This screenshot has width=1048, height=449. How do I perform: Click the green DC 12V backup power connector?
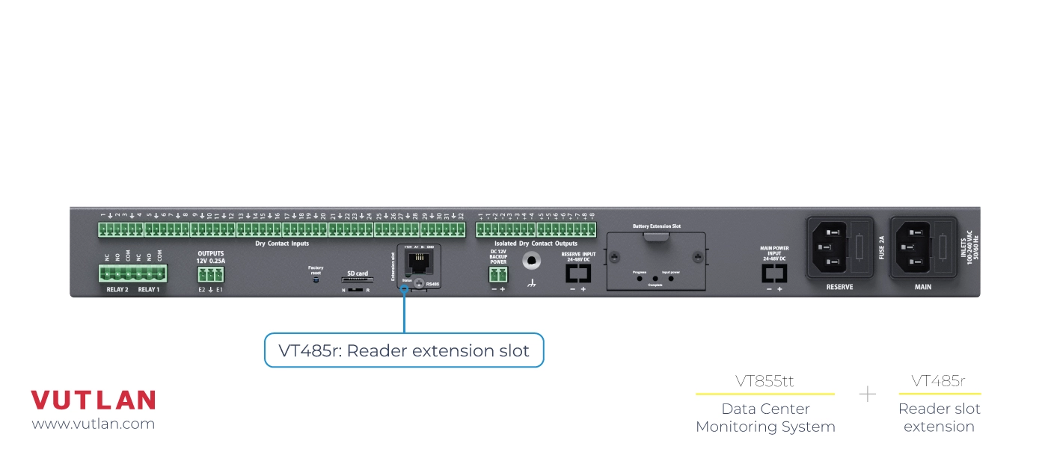tap(497, 275)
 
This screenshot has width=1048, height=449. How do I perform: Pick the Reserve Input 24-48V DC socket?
tap(577, 273)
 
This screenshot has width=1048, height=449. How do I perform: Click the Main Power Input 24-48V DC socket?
tap(773, 273)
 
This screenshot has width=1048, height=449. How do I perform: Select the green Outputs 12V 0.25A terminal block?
tap(210, 274)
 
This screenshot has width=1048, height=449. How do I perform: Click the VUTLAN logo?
tap(93, 400)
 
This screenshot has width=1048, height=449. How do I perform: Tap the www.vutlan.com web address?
tap(93, 424)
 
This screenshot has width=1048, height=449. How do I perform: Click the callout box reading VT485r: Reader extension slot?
tap(404, 350)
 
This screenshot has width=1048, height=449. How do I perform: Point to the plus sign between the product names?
tap(867, 394)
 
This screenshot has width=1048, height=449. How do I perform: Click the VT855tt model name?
tap(764, 381)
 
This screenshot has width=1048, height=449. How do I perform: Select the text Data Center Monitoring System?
tap(765, 418)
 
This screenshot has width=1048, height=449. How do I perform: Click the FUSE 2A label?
tap(881, 247)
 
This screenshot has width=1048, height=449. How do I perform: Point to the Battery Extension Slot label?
tap(656, 226)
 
